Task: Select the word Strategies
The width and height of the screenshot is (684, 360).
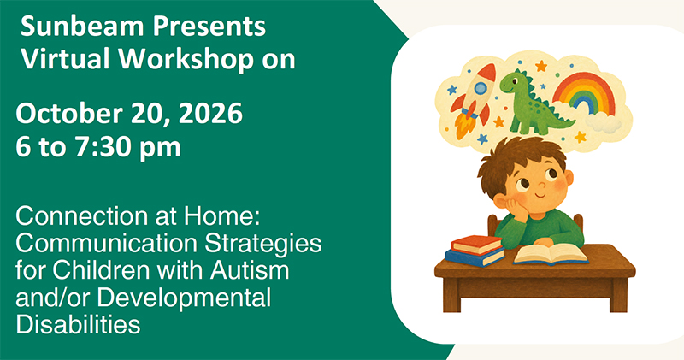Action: point(263,245)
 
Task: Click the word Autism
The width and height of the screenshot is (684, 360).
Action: point(250,271)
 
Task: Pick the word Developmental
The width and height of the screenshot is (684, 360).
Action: point(184,299)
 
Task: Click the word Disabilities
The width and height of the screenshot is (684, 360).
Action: point(78,325)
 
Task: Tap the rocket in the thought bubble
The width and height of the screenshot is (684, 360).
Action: point(474,101)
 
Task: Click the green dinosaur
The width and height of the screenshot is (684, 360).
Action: point(532,103)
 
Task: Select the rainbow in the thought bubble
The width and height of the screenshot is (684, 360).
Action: point(584,94)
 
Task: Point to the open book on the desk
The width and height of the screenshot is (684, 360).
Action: point(551,254)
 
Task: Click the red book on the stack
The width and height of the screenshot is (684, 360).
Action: point(476,245)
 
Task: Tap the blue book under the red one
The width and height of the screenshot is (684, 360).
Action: point(475,257)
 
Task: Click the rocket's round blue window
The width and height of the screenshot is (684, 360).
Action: point(481,89)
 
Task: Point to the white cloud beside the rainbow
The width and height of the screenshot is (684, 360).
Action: point(603,121)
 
